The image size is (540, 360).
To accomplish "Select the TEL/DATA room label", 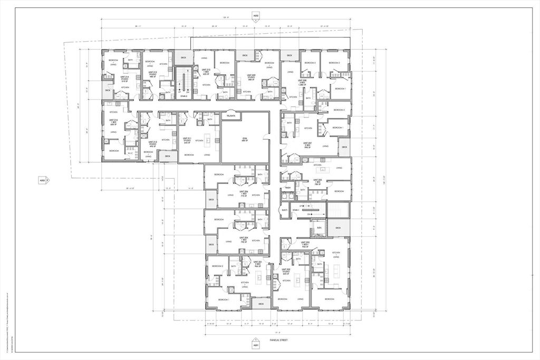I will tap(230, 115).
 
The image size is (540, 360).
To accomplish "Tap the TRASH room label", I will tap(288, 188).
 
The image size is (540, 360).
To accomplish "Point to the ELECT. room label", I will tap(284, 210).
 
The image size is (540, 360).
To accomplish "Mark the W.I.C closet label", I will tap(130, 153).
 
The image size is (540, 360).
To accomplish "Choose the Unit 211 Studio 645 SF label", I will tap(187, 140).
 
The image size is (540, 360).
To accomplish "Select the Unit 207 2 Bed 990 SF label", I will tap(308, 144).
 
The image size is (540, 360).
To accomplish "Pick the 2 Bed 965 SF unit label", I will tap(258, 264).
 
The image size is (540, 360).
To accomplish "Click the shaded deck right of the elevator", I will tap(338, 228).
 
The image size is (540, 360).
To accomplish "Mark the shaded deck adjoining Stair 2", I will tap(184, 57).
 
